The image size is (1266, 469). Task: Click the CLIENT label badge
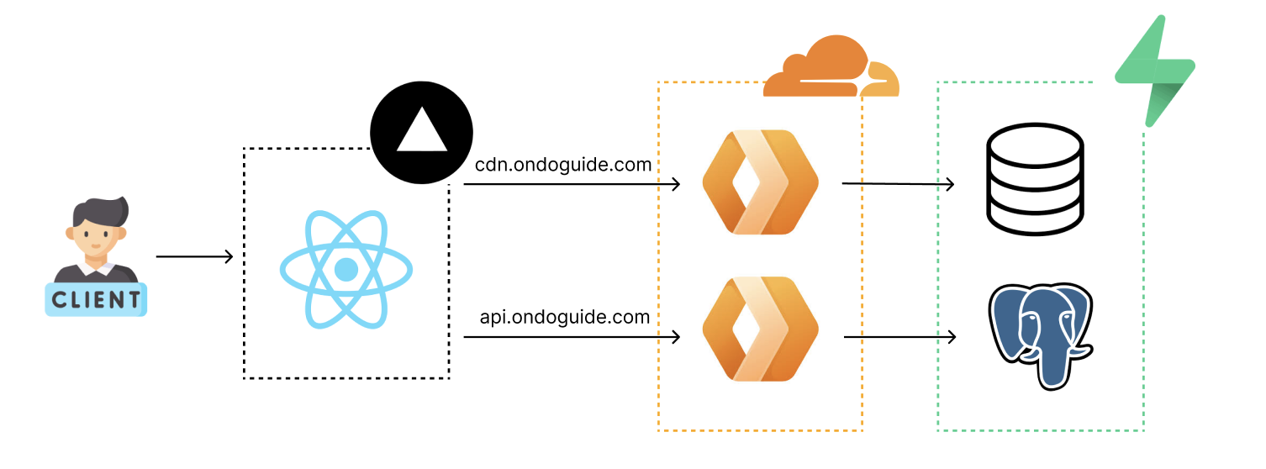(x=96, y=299)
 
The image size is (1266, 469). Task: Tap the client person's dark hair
(x=102, y=211)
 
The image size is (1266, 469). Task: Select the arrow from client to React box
(x=194, y=256)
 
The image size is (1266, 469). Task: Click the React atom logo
(x=346, y=270)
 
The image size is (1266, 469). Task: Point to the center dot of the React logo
(x=346, y=270)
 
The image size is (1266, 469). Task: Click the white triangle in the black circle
(x=422, y=130)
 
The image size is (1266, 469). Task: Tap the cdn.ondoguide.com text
(x=563, y=165)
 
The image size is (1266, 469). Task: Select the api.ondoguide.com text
(x=565, y=317)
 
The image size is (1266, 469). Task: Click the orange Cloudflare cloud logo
(x=831, y=66)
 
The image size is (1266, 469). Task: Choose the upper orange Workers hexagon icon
(x=760, y=182)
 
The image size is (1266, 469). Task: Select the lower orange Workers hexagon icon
(x=760, y=329)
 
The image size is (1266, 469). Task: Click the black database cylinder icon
(x=1035, y=178)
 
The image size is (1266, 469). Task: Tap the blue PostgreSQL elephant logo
(x=1041, y=336)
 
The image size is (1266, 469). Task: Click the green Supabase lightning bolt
(x=1155, y=71)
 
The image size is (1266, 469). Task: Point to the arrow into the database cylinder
(x=898, y=183)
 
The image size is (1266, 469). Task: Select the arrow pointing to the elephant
(x=899, y=337)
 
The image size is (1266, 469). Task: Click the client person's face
(x=96, y=236)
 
